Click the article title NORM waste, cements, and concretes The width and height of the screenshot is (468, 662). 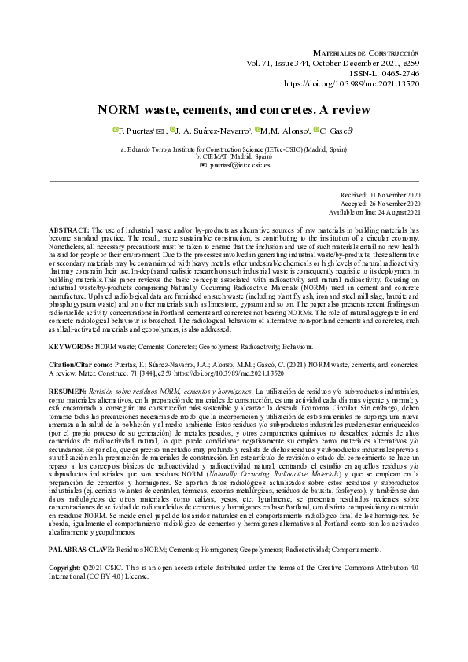coord(233,110)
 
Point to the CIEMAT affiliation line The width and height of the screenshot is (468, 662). coord(233,156)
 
